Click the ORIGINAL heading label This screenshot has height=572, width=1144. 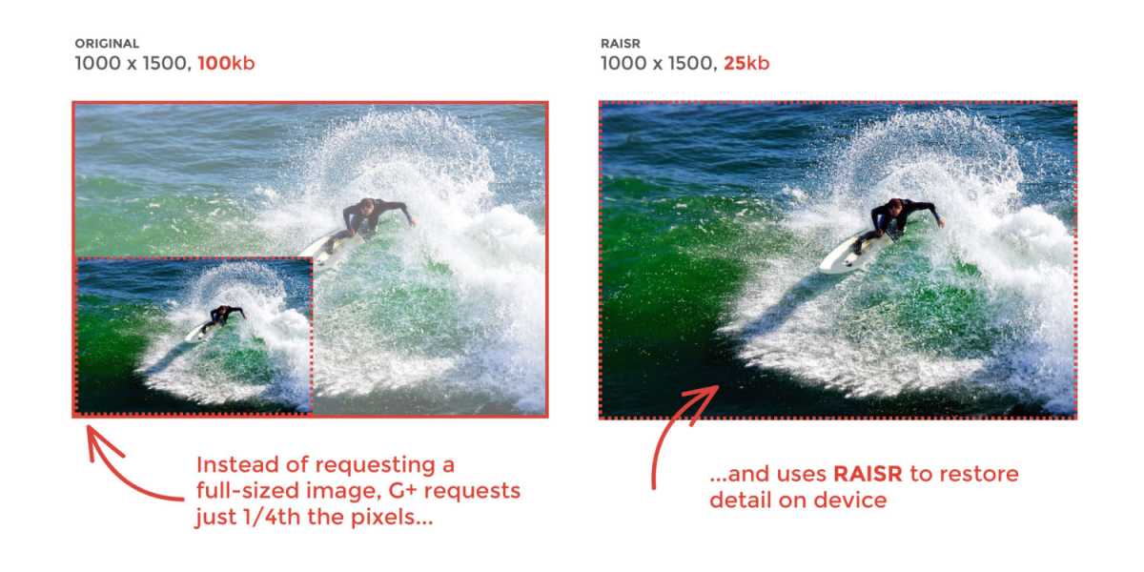click(107, 44)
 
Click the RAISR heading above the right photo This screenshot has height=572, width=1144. click(620, 44)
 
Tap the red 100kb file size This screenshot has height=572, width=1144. click(226, 63)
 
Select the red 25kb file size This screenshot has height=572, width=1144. click(746, 63)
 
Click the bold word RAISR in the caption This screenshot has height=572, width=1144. click(868, 474)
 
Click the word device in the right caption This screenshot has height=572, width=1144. click(849, 500)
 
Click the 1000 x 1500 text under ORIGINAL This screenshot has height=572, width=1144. click(133, 63)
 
